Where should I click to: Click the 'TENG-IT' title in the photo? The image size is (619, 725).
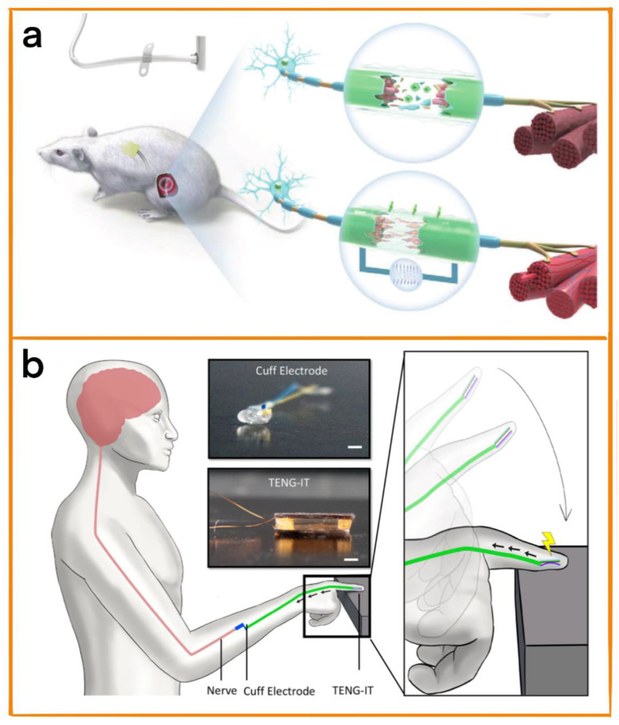(287, 471)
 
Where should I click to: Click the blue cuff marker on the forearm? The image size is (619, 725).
(239, 625)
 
